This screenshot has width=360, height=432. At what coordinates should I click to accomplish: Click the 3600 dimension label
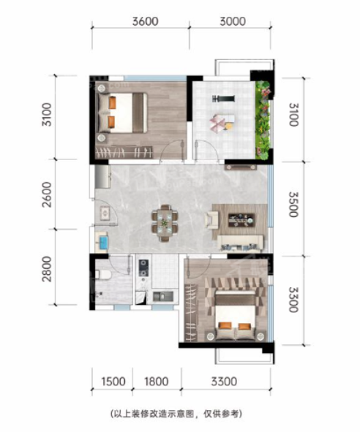(145, 21)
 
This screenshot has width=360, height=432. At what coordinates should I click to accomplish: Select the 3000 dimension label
(233, 21)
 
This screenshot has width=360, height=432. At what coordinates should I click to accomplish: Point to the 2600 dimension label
(47, 194)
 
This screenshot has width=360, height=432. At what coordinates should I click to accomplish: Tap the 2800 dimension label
(47, 269)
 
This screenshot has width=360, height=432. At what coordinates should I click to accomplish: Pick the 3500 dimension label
(293, 205)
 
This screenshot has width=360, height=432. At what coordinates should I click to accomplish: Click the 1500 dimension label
(113, 382)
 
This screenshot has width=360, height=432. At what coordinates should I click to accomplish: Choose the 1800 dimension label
(157, 382)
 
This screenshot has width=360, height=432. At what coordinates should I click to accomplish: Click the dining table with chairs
(165, 223)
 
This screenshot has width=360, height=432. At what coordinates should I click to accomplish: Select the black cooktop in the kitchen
(143, 268)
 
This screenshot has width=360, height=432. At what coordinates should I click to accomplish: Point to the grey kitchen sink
(162, 296)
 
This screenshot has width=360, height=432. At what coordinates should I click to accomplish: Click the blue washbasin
(103, 242)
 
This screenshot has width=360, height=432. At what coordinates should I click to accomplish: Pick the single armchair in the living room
(211, 219)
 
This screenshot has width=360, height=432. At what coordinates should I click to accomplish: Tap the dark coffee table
(241, 220)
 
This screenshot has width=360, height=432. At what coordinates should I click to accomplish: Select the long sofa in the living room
(240, 243)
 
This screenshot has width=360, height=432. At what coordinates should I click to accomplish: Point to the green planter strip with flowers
(263, 120)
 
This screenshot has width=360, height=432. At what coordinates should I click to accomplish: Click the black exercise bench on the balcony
(223, 98)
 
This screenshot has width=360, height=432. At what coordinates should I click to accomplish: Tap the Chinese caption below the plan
(176, 414)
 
